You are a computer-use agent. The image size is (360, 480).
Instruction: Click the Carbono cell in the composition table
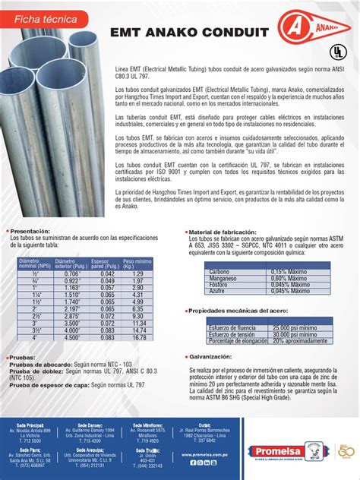tap(220, 272)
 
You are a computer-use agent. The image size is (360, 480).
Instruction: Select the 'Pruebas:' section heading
tap(25, 356)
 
